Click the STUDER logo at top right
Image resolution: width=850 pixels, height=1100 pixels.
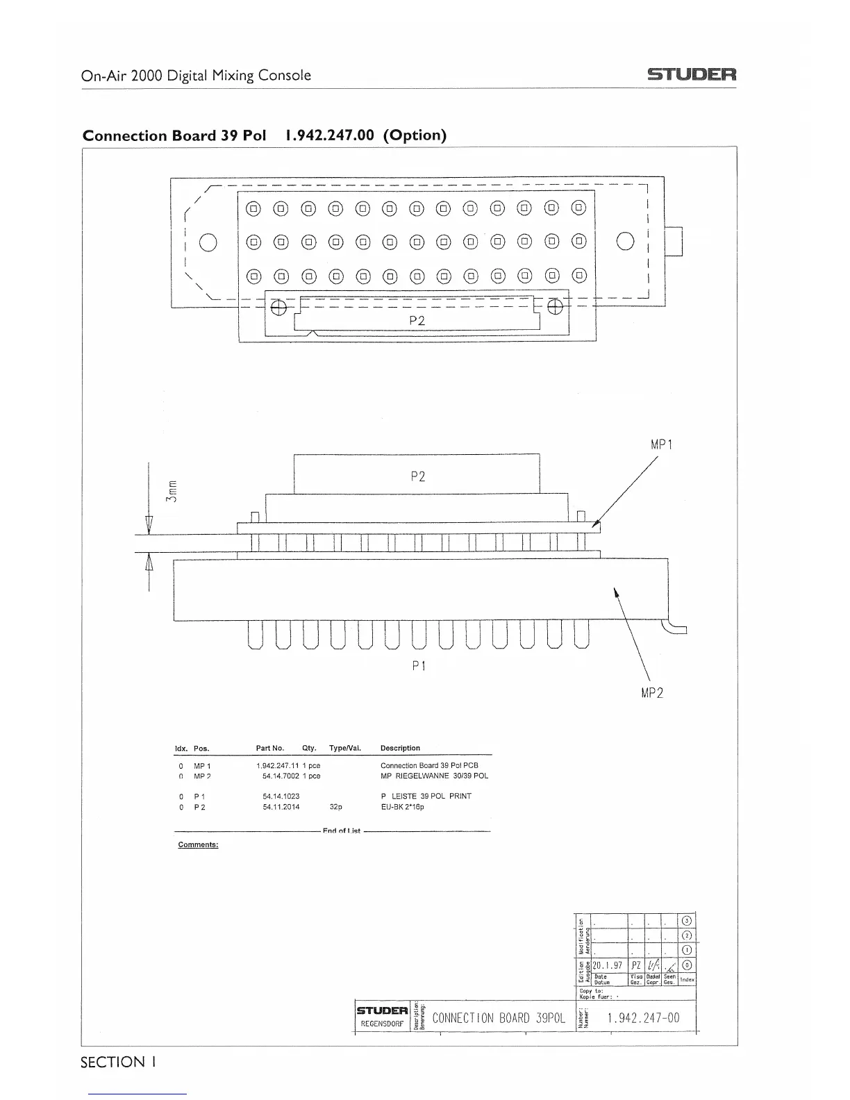692,74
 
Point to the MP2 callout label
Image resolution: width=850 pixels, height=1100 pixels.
651,693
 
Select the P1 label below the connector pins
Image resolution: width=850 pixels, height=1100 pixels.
418,665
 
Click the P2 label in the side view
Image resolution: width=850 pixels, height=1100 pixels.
417,476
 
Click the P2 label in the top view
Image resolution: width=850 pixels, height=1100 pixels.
417,320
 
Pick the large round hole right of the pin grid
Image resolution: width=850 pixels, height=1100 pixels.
625,240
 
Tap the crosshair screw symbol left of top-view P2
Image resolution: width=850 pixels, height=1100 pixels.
278,308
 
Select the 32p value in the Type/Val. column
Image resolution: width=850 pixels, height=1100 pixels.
335,807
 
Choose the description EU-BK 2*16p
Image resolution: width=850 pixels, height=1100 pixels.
402,807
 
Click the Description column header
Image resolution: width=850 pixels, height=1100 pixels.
400,748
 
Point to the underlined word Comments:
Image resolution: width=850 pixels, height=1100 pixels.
198,845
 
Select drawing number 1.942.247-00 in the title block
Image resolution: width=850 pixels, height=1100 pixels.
643,1019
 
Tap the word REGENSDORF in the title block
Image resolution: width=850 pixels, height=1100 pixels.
381,1024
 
